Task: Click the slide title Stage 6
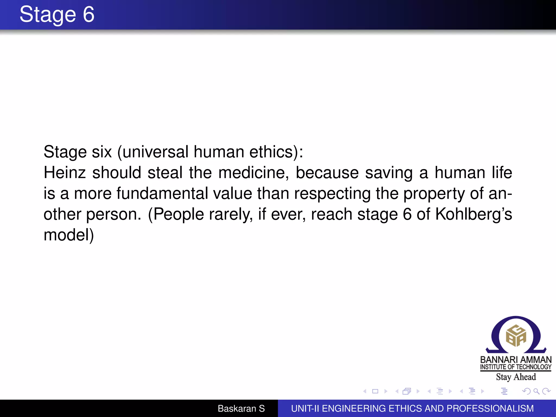[57, 14]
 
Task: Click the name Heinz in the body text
[65, 173]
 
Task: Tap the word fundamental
[162, 194]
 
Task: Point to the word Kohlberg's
[473, 214]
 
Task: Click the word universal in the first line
[155, 152]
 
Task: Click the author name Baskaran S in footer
[241, 409]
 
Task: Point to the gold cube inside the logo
[516, 336]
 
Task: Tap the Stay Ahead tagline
[516, 377]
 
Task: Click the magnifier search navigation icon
[536, 391]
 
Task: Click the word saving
[389, 173]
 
